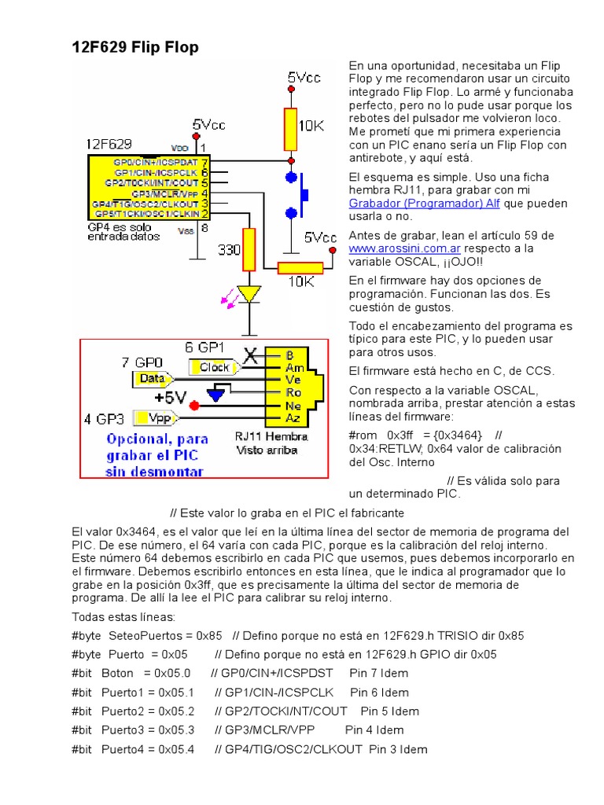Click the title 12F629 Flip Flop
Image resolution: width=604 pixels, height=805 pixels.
pos(135,48)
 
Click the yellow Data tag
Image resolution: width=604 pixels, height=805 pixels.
pos(151,379)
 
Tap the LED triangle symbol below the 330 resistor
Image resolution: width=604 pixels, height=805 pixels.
pos(249,293)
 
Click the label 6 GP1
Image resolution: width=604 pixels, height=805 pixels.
pos(204,347)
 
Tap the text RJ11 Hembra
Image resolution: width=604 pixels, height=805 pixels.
pos(271,436)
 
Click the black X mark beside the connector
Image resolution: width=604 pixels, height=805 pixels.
pos(252,356)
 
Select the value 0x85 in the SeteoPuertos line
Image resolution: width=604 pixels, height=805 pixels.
pos(208,634)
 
